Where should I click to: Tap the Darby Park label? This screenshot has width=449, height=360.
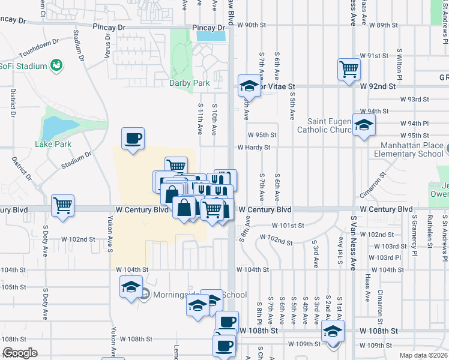pyautogui.click(x=189, y=83)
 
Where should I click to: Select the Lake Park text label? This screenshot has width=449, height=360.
pyautogui.click(x=53, y=144)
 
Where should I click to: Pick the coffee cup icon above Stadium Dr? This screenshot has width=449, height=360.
pyautogui.click(x=133, y=139)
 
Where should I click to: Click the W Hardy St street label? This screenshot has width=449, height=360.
pyautogui.click(x=254, y=147)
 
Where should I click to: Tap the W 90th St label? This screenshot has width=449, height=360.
pyautogui.click(x=252, y=25)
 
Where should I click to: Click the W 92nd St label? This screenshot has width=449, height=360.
pyautogui.click(x=378, y=86)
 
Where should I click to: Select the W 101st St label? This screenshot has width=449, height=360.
pyautogui.click(x=288, y=226)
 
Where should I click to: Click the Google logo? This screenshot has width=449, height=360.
pyautogui.click(x=20, y=353)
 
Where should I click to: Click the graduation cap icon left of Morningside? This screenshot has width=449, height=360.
pyautogui.click(x=130, y=287)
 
